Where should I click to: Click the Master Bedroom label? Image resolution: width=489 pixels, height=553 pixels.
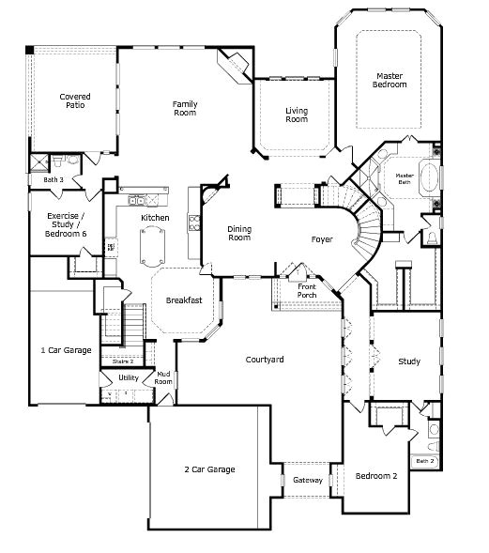(x=390, y=80)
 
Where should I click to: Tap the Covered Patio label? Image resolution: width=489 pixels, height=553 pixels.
(x=75, y=100)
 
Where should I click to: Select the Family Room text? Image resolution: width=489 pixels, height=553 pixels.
(x=184, y=108)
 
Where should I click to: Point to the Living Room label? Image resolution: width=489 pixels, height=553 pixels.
(x=297, y=115)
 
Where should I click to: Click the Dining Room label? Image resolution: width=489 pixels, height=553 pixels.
(x=239, y=233)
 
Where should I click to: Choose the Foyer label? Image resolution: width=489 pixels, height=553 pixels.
(x=322, y=239)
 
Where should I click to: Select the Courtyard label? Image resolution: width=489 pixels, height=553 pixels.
(x=265, y=360)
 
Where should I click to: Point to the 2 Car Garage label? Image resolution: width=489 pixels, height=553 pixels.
(x=208, y=469)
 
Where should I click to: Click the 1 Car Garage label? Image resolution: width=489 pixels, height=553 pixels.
(x=66, y=350)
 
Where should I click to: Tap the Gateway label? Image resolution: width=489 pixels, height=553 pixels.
(x=308, y=480)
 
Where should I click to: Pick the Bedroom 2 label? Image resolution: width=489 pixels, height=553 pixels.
(x=376, y=476)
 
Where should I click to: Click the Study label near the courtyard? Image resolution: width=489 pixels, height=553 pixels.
(x=408, y=361)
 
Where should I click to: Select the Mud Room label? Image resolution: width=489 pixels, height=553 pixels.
(x=164, y=378)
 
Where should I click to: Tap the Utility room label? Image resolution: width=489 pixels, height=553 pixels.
(x=129, y=378)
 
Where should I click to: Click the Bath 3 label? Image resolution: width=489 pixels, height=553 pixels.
(x=53, y=179)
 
